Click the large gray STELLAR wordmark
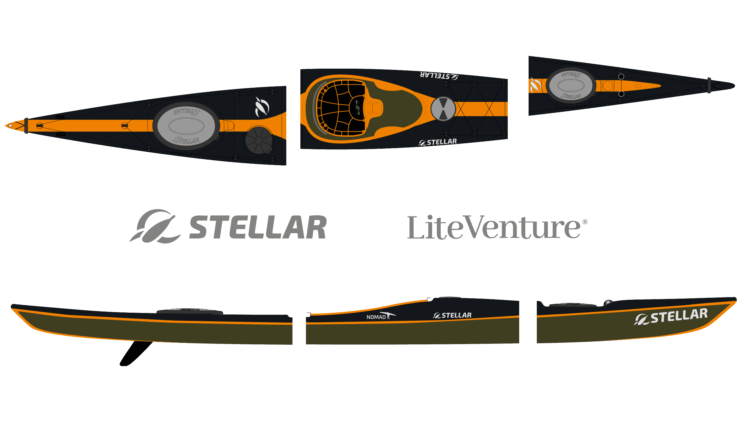[x=258, y=227]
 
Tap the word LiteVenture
[x=493, y=228]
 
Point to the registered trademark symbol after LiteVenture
[x=585, y=222]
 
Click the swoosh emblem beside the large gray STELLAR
[x=155, y=226]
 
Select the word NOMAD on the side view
[x=376, y=317]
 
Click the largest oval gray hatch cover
[x=186, y=126]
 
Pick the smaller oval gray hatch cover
[x=571, y=85]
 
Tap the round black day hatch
[x=258, y=140]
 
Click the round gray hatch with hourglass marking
[x=443, y=109]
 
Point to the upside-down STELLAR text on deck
[x=439, y=75]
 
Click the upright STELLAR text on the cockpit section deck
[x=438, y=142]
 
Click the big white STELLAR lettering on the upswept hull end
[x=679, y=317]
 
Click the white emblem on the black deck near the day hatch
[x=262, y=107]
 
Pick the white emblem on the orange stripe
[x=535, y=85]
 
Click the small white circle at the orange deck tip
[x=10, y=126]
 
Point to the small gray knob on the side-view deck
[x=608, y=302]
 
